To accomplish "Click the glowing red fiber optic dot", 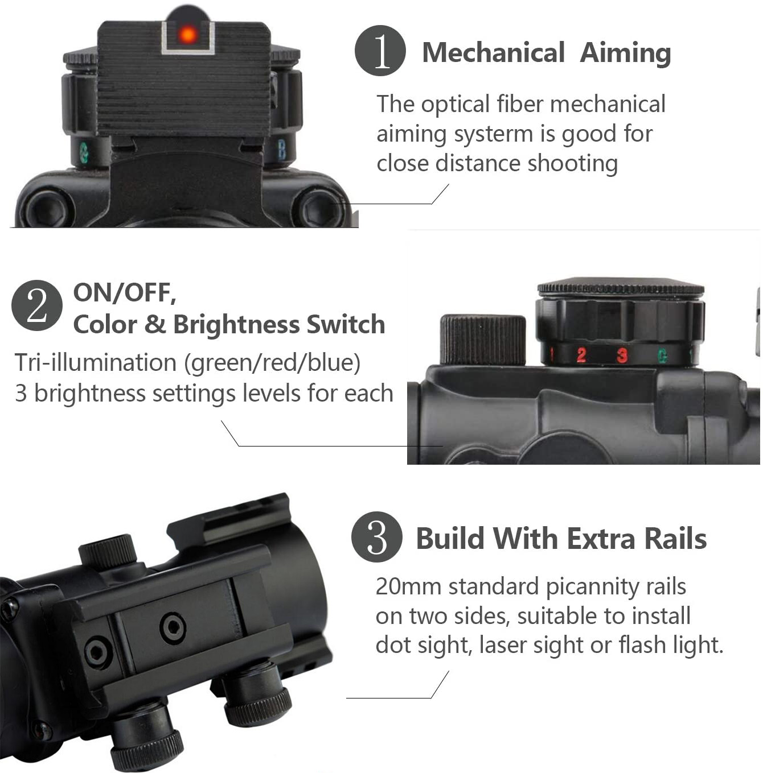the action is pyautogui.click(x=187, y=35).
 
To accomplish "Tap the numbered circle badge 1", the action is pyautogui.click(x=380, y=51).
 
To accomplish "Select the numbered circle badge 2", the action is pyautogui.click(x=37, y=305).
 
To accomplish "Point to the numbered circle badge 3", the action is pyautogui.click(x=377, y=537).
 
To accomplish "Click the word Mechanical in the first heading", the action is pyautogui.click(x=494, y=52).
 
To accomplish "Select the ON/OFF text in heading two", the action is pyautogui.click(x=125, y=293).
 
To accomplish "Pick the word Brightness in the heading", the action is pyautogui.click(x=236, y=324).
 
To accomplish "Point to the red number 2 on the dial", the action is pyautogui.click(x=581, y=356).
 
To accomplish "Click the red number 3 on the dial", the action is pyautogui.click(x=622, y=356).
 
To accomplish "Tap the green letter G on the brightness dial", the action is pyautogui.click(x=662, y=356).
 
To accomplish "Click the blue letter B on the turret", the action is pyautogui.click(x=282, y=150).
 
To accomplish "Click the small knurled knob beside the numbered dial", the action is pyautogui.click(x=483, y=340).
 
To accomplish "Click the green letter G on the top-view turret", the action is pyautogui.click(x=84, y=153).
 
